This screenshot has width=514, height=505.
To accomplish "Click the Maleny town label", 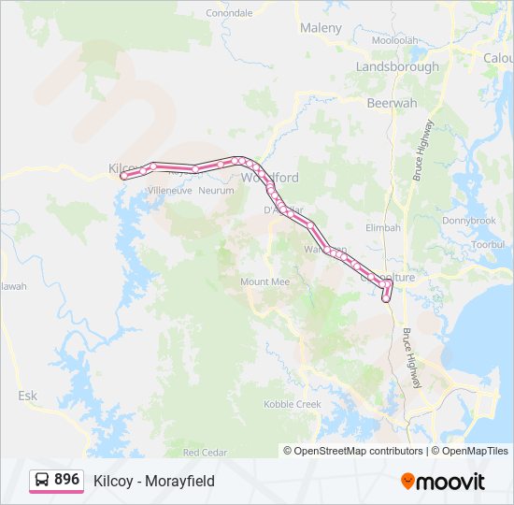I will pos(321,28).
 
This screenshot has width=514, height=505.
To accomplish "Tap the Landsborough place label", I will pos(397,66).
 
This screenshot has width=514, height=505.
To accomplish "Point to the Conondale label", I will pos(229,13).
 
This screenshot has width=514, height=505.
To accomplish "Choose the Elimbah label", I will pos(382,227).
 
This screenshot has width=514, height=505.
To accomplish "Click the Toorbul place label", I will pos(488,244).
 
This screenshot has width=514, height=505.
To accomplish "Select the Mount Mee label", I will pos(264,281).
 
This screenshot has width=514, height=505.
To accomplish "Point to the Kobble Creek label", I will pos(292,404).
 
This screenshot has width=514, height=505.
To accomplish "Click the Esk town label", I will pos(28,396).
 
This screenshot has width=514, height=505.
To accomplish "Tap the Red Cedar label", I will pos(205,452).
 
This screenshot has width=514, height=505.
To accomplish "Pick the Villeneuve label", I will pos(169,190).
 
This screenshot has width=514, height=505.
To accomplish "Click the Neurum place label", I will pos(216,190).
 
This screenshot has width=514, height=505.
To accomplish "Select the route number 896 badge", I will pos(66,479).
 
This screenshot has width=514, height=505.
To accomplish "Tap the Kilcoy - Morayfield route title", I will pos(154,481).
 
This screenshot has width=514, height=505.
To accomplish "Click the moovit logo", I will pos(443,481).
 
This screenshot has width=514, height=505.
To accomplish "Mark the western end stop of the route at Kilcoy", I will pos(124,175).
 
